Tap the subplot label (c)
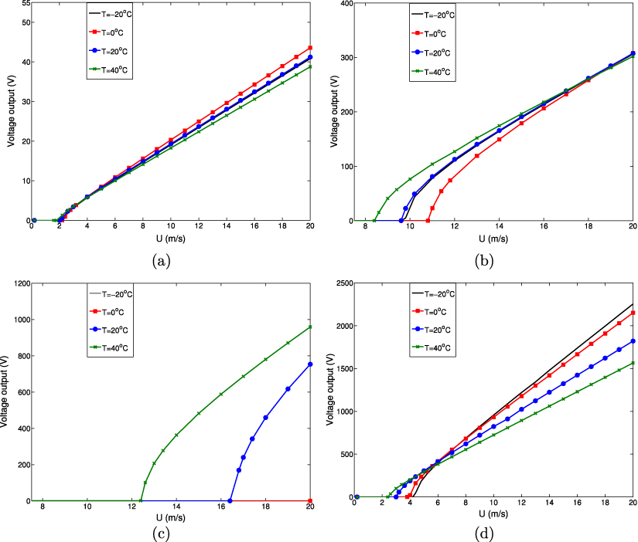[164, 532]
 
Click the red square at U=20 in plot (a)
[310, 48]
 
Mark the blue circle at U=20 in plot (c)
[310, 364]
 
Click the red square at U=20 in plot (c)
[310, 500]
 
